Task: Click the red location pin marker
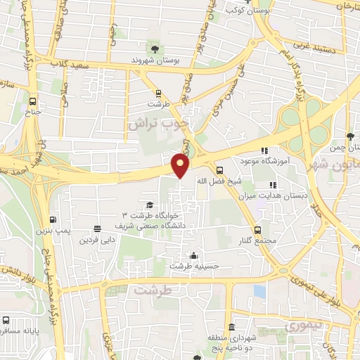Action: (181, 166)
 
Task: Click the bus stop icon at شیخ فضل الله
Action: (220, 169)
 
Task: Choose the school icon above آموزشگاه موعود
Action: (264, 150)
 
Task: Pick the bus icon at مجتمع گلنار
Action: (258, 229)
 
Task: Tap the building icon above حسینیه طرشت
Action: (193, 256)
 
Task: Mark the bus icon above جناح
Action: (32, 99)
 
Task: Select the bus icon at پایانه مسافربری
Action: (6, 319)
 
